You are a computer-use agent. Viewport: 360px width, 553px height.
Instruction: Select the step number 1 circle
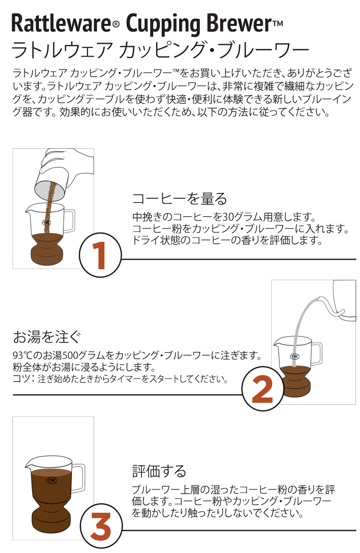coord(100,255)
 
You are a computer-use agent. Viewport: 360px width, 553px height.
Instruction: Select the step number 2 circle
coord(263,389)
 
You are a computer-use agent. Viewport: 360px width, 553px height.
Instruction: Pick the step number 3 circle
coord(101,526)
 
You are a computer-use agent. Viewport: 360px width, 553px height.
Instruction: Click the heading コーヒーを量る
coord(180,199)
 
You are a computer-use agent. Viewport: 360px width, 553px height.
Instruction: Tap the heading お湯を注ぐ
coord(47,337)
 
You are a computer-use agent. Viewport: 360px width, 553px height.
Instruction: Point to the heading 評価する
coord(159,471)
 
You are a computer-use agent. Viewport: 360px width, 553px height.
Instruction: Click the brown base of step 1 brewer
coord(47,248)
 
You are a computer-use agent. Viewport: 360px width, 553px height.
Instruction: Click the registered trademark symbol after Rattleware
coord(115,24)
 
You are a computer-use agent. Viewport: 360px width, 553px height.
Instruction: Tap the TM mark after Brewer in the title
coord(278,24)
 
